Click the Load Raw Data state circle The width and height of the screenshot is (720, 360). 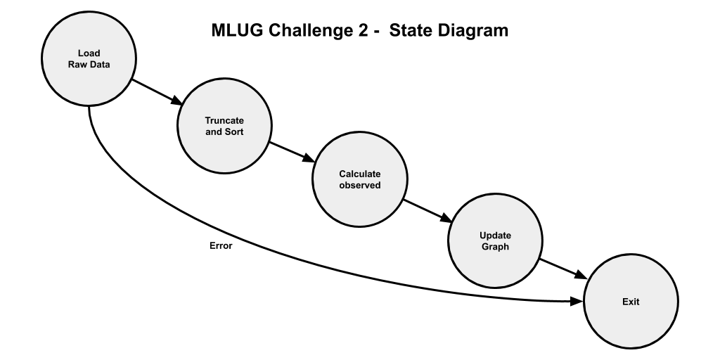point(89,60)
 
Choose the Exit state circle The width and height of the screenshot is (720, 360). point(631,302)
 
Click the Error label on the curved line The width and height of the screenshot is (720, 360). point(221,247)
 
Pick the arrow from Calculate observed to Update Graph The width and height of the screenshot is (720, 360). point(427,210)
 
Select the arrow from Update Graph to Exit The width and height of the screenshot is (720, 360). point(562,270)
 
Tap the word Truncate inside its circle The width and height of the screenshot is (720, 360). point(224,120)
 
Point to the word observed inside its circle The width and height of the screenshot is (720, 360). point(359,185)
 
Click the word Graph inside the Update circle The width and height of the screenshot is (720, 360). point(495,247)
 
